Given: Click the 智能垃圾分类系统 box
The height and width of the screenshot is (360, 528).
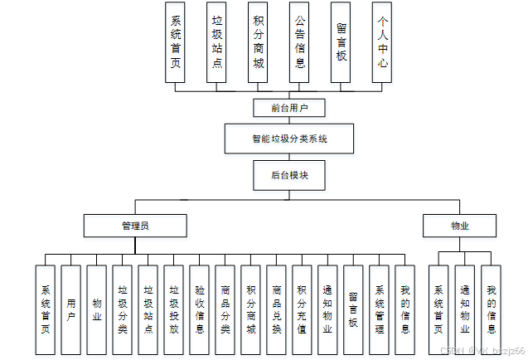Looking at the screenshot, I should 289,139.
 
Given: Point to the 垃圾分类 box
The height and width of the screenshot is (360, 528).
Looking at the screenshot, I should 123,309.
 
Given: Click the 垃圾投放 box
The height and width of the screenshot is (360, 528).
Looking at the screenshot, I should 174,309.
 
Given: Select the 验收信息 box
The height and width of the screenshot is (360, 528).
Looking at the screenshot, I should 199,309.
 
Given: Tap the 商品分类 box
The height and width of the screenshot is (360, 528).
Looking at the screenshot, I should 225,309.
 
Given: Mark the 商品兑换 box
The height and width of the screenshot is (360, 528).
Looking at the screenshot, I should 276,309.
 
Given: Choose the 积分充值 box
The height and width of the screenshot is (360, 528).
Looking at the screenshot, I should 302,309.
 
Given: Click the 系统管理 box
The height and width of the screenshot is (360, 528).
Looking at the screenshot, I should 379,309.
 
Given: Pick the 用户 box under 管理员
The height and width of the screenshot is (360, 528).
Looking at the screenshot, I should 71,309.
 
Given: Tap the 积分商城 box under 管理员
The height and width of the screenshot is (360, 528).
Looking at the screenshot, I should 250,309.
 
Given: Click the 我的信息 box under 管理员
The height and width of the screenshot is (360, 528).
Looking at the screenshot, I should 404,309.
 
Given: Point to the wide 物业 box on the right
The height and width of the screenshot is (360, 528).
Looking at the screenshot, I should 460,226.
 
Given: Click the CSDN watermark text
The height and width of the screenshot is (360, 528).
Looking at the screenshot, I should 482,352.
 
